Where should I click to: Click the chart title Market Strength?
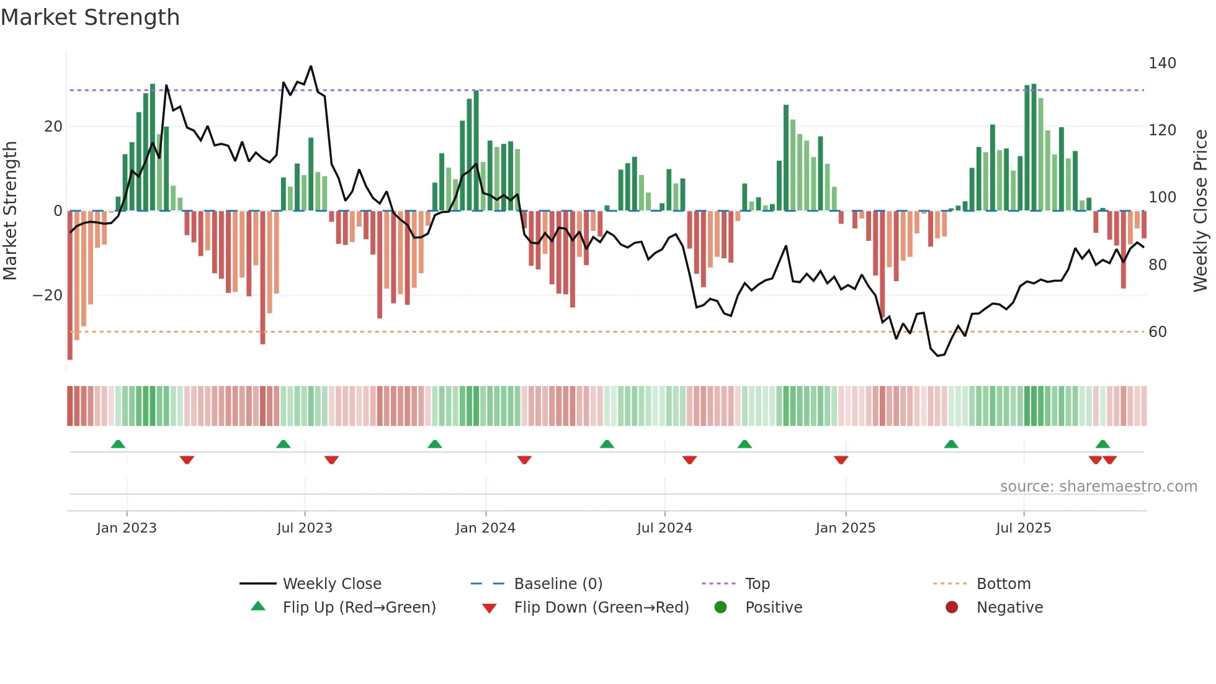(x=91, y=17)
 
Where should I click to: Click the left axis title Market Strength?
(x=11, y=211)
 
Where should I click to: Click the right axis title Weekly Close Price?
(x=1200, y=211)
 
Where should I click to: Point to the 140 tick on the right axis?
(x=1161, y=63)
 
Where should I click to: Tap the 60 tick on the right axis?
(x=1157, y=332)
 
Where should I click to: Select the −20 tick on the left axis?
(x=48, y=295)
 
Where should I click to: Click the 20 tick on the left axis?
(x=53, y=127)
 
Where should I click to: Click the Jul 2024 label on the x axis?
(x=664, y=528)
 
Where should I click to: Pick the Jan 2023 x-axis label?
(x=127, y=528)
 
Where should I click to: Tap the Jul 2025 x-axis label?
(x=1024, y=528)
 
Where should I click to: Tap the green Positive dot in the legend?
(x=720, y=607)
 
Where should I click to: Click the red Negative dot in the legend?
(x=952, y=607)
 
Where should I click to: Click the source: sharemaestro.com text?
(x=1098, y=487)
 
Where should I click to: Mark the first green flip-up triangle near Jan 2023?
(x=118, y=444)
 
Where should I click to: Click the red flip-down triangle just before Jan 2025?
(x=841, y=460)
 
